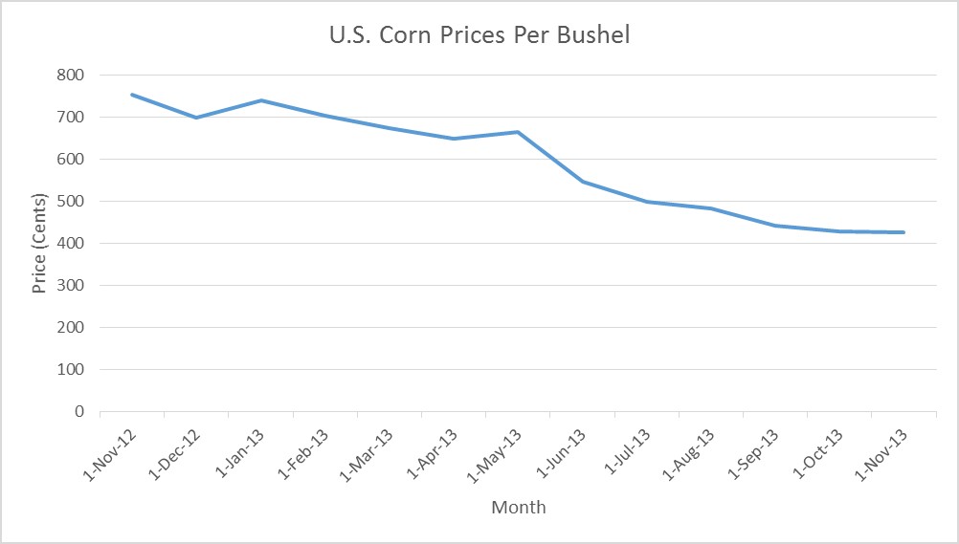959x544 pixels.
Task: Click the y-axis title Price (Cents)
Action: coord(39,243)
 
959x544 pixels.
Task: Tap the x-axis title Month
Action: coord(518,507)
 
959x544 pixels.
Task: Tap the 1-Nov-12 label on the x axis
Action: coord(110,453)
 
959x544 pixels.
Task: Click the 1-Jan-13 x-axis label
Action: coord(238,453)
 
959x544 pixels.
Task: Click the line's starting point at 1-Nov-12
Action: coord(132,94)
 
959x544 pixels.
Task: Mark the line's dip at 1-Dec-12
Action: coord(196,118)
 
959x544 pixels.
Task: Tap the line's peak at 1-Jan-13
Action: coord(260,100)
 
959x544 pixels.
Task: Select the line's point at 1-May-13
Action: coord(518,132)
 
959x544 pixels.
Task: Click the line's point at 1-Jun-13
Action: coord(582,182)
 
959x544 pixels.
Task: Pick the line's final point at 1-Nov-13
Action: coord(903,232)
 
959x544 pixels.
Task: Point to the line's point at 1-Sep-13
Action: coord(775,226)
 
